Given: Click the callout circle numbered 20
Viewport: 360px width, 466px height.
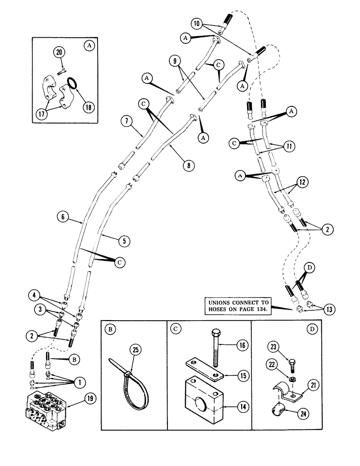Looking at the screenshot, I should [60, 53].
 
